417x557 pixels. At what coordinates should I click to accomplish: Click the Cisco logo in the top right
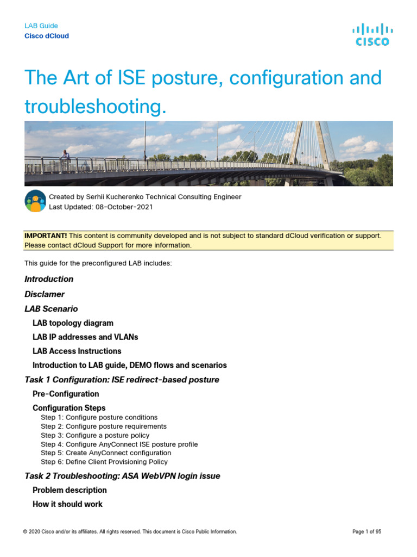pos(372,34)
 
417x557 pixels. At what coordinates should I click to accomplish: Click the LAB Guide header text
pos(41,26)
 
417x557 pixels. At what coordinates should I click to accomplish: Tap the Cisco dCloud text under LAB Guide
pos(47,36)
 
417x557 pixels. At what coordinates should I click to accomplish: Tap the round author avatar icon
pos(35,201)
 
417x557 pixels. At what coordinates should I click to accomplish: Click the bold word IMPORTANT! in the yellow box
pos(46,236)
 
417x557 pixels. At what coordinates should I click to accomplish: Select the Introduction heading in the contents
pos(49,279)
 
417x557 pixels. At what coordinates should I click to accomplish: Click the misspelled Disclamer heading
pos(45,294)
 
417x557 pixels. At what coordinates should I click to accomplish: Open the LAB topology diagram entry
pos(73,323)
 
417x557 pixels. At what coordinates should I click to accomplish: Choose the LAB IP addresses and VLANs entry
pos(85,337)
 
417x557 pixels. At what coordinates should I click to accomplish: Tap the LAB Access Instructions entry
pos(77,351)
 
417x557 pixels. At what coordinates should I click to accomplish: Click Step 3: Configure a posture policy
pos(95,435)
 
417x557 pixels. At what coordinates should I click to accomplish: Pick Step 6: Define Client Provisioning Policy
pos(104,462)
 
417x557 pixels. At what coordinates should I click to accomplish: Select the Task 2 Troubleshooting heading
pos(122,476)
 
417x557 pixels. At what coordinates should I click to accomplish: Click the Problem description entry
pos(69,490)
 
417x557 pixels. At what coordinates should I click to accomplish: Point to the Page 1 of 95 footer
pos(367,532)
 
